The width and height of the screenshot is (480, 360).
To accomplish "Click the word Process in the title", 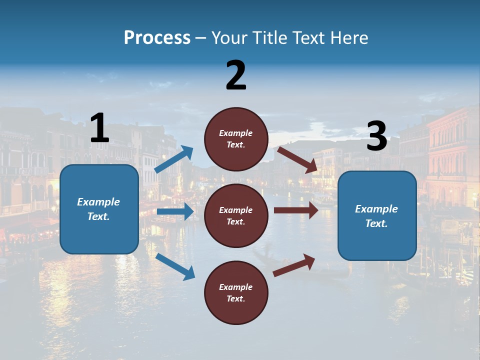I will tap(157, 38).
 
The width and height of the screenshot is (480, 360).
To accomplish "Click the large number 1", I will tap(99, 128).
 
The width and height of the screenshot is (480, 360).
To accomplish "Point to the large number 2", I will tap(236, 75).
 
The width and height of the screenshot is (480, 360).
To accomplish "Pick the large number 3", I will tap(376, 136).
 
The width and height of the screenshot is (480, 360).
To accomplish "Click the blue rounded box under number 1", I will tap(99, 209).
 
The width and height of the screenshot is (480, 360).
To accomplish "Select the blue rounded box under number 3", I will tap(377, 215).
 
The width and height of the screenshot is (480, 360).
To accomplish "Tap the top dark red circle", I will tap(236, 139).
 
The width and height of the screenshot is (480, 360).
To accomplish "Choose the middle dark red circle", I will tap(236, 215).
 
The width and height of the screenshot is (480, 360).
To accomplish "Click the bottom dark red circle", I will tap(236, 292).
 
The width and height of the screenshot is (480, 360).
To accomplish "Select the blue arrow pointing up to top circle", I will tap(174, 159).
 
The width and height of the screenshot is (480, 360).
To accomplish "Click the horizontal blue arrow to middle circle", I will tap(175, 211).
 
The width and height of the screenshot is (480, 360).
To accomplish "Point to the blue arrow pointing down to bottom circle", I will tap(175, 266).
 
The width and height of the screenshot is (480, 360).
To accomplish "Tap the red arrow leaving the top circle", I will tap(297, 159).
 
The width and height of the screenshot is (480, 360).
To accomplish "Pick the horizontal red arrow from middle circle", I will tap(296, 210).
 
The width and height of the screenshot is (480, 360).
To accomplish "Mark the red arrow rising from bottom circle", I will tap(294, 265).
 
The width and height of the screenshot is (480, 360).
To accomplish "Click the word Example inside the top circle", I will tap(236, 133).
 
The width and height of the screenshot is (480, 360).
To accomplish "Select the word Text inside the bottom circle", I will tap(235, 298).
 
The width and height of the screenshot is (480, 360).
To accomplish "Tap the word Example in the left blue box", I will tap(98, 202).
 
